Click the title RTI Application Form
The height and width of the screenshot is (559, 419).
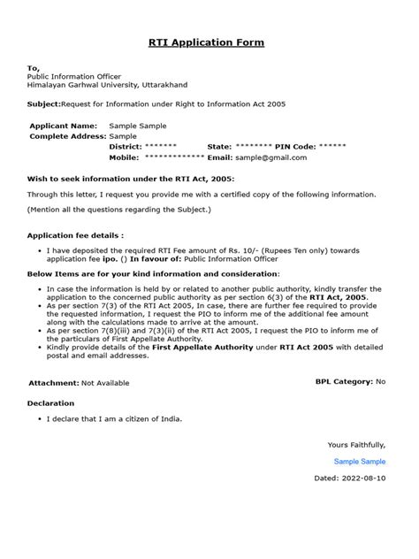209,42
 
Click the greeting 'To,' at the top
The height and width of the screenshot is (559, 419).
34,67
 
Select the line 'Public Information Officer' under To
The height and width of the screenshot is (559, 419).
75,76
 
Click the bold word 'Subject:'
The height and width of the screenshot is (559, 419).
43,103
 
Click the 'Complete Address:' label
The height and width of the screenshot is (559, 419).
67,136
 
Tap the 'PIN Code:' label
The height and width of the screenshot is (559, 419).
295,146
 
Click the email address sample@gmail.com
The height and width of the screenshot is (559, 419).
270,157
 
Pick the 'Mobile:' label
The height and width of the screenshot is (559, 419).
124,157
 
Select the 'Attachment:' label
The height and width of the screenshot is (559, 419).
54,383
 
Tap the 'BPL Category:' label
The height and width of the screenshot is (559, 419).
344,381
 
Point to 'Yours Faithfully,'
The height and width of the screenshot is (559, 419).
356,444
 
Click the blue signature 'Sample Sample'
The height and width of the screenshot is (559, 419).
360,462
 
